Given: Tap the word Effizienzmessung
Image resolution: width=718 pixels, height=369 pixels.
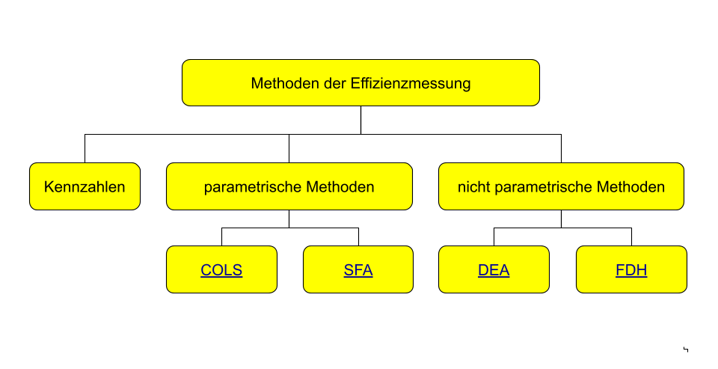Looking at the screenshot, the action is coord(411,83).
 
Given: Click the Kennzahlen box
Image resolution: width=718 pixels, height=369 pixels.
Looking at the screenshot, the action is coord(85,186).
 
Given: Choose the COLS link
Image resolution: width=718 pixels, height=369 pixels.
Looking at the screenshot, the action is coord(221,270).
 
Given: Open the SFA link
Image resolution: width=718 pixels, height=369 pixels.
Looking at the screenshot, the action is coord(358,270).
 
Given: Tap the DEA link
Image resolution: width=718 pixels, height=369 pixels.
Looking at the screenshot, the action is coord(494,270).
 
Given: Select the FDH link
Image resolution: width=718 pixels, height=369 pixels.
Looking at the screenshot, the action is coord(631,270).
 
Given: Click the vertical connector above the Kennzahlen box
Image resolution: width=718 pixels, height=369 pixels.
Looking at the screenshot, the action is coord(85,148).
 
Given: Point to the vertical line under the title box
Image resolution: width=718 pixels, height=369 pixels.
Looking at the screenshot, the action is coord(360,120).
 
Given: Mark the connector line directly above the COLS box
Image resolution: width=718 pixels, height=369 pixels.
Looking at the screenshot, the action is coord(221,237).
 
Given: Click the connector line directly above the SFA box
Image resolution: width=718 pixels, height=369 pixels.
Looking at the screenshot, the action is coord(358,237).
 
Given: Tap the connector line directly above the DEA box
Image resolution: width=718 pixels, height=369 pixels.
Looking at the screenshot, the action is coord(494,237).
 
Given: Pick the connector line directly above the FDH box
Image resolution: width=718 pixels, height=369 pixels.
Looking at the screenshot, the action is coord(631,237).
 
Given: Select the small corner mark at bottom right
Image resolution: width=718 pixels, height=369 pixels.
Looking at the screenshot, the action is coord(686,350).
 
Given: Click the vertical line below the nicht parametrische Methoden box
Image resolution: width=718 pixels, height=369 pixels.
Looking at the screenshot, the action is coord(562,219).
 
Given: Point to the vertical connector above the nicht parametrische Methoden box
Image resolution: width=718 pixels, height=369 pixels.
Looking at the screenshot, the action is coord(562,148).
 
